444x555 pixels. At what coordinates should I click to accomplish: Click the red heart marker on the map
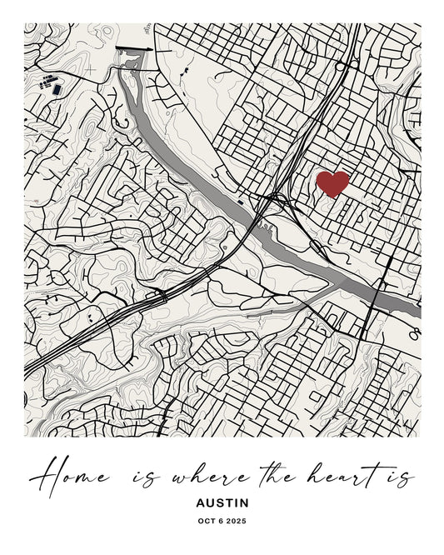pyautogui.click(x=332, y=183)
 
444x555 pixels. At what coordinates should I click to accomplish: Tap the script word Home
pyautogui.click(x=71, y=477)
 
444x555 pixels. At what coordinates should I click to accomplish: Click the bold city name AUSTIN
pyautogui.click(x=222, y=503)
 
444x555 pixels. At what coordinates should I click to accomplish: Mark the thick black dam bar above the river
pyautogui.click(x=133, y=49)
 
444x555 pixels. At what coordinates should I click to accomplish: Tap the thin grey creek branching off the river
pyautogui.click(x=300, y=300)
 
